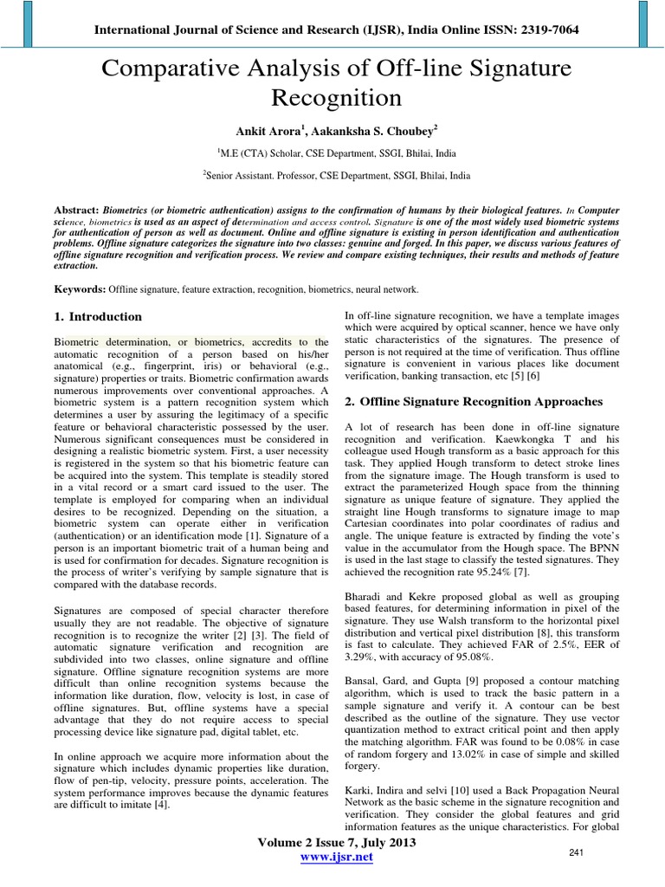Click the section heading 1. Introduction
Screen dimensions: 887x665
98,317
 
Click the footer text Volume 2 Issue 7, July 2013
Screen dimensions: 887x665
336,842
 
